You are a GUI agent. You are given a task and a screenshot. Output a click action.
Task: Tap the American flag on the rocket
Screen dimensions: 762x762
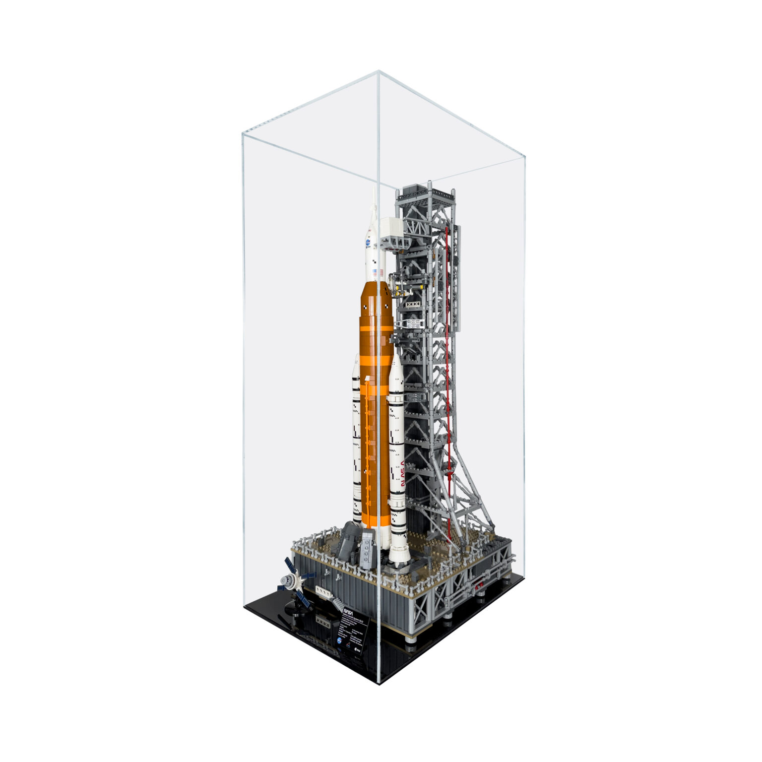[x=381, y=272]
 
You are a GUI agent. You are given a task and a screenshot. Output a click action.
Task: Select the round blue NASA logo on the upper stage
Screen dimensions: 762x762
[x=368, y=243]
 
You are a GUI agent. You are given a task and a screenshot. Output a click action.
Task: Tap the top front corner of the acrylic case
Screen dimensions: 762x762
[x=378, y=71]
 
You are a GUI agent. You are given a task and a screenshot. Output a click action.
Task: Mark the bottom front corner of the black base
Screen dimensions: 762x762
[x=380, y=684]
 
